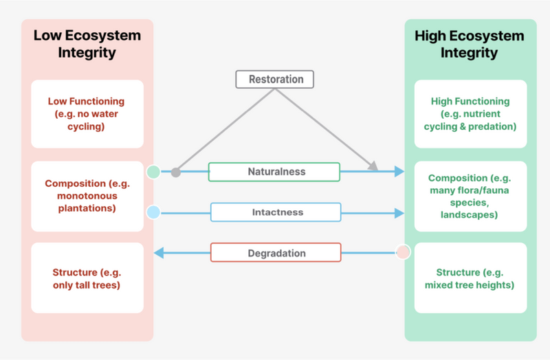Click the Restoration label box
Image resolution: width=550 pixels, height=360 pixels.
pos(274,79)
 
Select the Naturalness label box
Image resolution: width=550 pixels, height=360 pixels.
pos(274,172)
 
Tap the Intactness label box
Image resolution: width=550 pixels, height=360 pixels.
pos(275,213)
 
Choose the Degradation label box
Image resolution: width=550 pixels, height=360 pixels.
pos(275,253)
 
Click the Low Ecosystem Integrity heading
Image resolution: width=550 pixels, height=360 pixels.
pos(87,44)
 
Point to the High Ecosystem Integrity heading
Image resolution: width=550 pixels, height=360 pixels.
pos(470,44)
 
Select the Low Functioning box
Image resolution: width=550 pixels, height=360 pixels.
pos(87,114)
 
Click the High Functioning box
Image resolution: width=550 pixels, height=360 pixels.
pos(470,114)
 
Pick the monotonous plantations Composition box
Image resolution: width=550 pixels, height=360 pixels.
pos(87,196)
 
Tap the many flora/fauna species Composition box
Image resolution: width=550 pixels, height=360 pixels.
pos(470,196)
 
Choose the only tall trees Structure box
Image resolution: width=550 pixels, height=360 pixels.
pos(87,278)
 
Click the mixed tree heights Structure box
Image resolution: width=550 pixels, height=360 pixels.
pos(470,278)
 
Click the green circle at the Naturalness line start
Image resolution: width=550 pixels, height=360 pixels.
pos(153,172)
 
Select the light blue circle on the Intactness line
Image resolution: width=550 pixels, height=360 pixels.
pos(153,213)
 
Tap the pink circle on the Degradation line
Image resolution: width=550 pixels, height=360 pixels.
pos(403,252)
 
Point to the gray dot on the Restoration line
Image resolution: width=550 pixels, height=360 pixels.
pos(175,172)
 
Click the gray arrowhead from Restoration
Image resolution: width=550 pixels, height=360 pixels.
pos(374,167)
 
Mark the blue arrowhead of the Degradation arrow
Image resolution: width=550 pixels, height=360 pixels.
pos(159,253)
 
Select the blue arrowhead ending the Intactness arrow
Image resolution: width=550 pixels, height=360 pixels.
pos(399,213)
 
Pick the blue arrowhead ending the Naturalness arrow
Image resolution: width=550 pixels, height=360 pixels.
pos(399,172)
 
